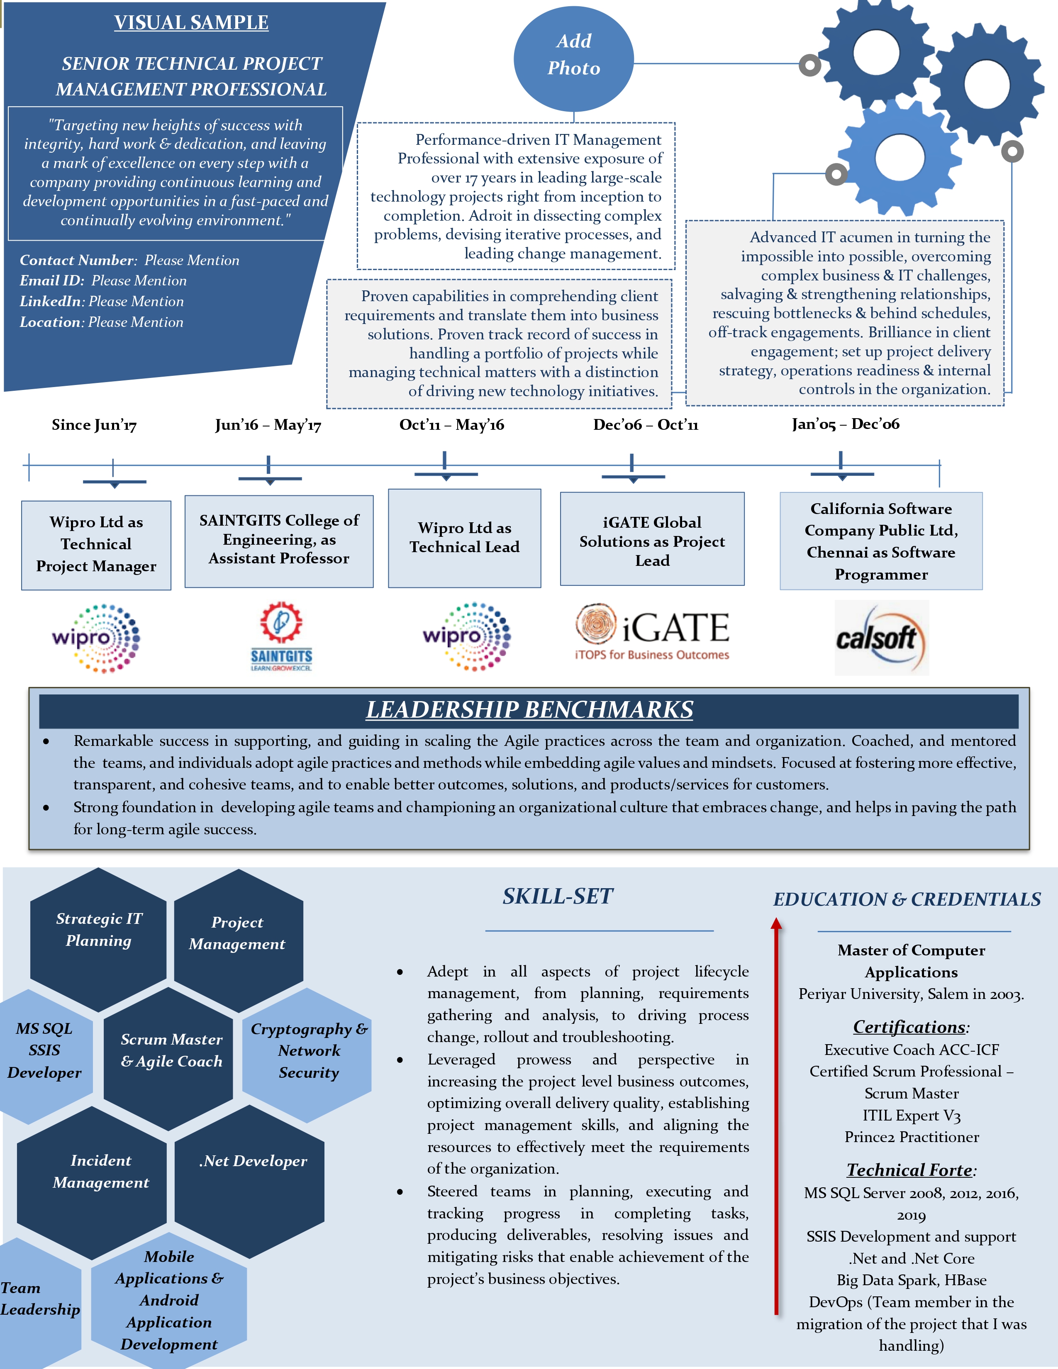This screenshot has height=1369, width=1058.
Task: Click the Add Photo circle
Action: (573, 58)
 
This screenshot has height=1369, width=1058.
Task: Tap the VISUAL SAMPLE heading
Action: (191, 22)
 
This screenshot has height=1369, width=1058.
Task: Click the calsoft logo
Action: (881, 638)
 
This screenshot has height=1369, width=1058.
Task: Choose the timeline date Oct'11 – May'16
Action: (451, 425)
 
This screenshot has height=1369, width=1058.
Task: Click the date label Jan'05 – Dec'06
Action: (846, 424)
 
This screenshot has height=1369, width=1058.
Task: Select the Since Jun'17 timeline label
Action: (94, 425)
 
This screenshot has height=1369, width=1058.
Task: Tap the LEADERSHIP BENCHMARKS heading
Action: (529, 709)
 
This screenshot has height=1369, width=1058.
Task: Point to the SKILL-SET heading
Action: (557, 896)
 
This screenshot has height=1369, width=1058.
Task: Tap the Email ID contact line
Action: (103, 281)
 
